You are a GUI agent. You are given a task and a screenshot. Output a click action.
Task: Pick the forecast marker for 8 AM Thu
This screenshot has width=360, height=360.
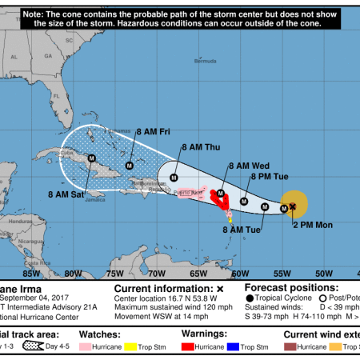click(x=174, y=178)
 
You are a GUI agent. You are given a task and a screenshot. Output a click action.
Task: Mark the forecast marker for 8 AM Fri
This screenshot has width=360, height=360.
click(x=129, y=166)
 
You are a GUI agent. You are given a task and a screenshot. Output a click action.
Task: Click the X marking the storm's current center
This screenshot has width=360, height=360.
click(x=293, y=206)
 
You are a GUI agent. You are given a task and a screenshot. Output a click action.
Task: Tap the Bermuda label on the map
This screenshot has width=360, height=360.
click(x=209, y=60)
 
